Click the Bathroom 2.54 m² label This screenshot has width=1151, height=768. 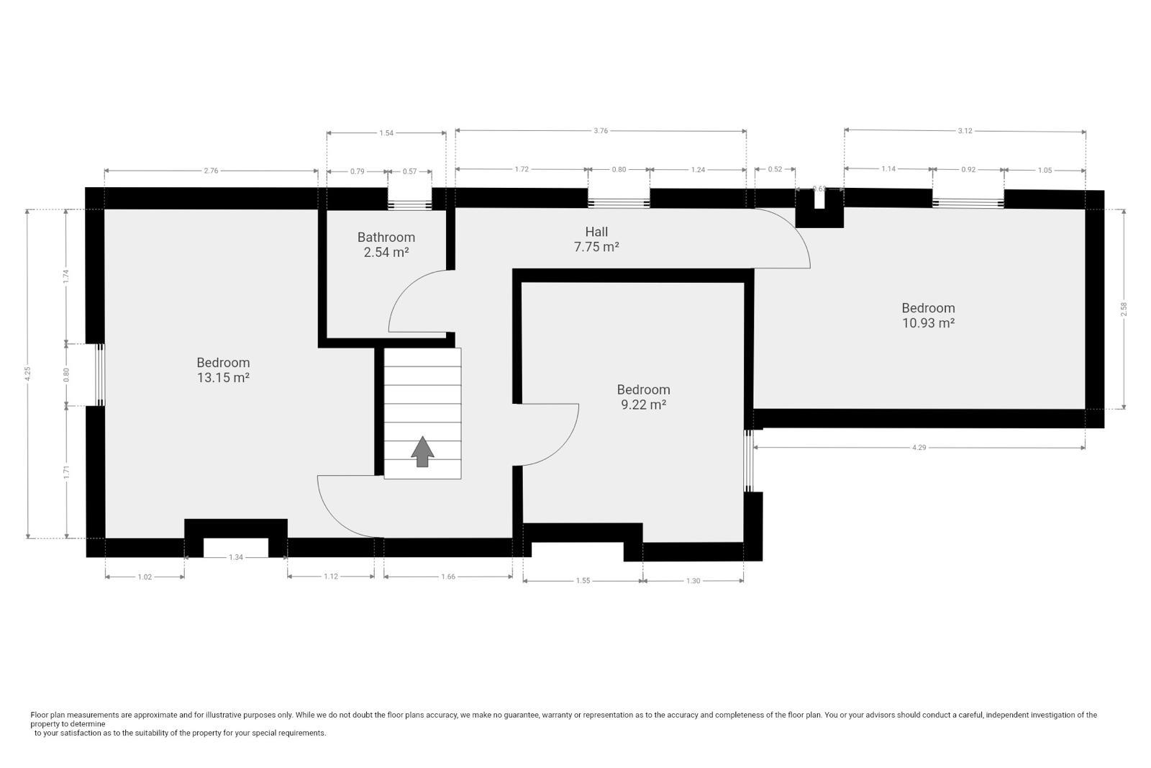tap(386, 245)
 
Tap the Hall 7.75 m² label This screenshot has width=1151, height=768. tap(596, 239)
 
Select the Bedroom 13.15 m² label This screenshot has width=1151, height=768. tap(223, 370)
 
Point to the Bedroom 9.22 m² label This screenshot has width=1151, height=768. tap(644, 397)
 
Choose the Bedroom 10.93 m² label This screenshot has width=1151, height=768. tap(928, 315)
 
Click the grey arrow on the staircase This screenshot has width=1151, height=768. tap(422, 451)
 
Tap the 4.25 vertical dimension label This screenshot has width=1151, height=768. tap(27, 373)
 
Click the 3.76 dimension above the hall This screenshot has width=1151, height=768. tap(601, 130)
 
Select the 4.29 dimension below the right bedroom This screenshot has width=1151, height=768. tap(919, 448)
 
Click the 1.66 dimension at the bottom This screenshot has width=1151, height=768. tap(447, 577)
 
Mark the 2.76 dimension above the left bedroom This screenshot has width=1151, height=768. tap(211, 171)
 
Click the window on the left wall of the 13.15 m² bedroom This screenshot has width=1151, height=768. tap(101, 374)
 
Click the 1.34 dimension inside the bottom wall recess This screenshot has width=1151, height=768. tap(236, 557)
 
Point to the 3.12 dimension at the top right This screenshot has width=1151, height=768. tap(965, 130)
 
